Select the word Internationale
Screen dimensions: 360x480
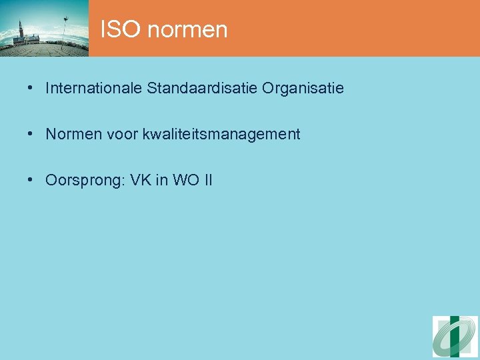(93, 88)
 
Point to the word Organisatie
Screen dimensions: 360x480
(303, 88)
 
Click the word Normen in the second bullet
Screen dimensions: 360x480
(71, 134)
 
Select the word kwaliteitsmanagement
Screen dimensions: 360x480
(221, 135)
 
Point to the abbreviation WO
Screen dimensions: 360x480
(185, 180)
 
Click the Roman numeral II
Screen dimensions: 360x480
(207, 180)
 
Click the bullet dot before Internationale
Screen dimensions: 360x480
(31, 88)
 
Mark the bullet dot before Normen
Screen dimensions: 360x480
(31, 134)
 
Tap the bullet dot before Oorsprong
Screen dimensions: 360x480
(31, 180)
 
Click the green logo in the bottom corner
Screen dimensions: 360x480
(455, 337)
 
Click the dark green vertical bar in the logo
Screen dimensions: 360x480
(455, 337)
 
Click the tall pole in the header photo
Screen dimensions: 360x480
(65, 30)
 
